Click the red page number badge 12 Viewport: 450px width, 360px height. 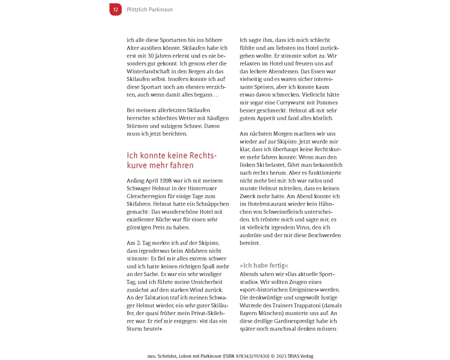[116, 9]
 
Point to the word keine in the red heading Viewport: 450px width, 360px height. [173, 156]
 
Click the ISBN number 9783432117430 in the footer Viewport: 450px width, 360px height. [245, 356]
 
